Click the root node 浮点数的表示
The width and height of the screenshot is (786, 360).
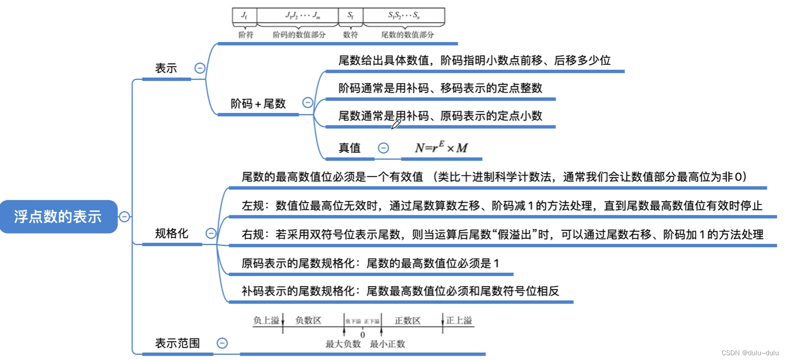pos(58,216)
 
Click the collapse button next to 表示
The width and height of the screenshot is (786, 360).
pos(200,68)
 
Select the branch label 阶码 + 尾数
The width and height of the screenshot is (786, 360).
pos(258,103)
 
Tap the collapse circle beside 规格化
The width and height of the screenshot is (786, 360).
pos(211,233)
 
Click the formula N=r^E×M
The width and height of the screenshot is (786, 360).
pos(441,148)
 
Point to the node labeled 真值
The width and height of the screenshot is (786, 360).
pos(350,148)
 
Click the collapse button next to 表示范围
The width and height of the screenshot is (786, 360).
pos(222,343)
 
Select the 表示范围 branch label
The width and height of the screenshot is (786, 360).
pos(177,343)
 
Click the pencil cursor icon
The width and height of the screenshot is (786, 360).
pos(396,124)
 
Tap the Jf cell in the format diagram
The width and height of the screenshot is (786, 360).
pos(244,16)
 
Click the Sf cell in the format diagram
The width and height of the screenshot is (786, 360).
pos(351,16)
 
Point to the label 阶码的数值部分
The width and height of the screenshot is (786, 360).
pos(299,35)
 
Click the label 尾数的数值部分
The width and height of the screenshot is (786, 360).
pos(407,35)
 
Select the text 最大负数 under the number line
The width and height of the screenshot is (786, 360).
pos(343,344)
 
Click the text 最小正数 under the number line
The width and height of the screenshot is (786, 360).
pos(387,344)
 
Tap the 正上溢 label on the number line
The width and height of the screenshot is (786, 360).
pos(459,320)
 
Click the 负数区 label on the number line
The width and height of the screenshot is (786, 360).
pos(308,320)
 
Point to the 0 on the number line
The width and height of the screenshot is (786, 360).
pos(362,335)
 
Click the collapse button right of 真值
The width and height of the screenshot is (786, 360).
pos(383,148)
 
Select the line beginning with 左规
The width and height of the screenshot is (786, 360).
pos(502,206)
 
